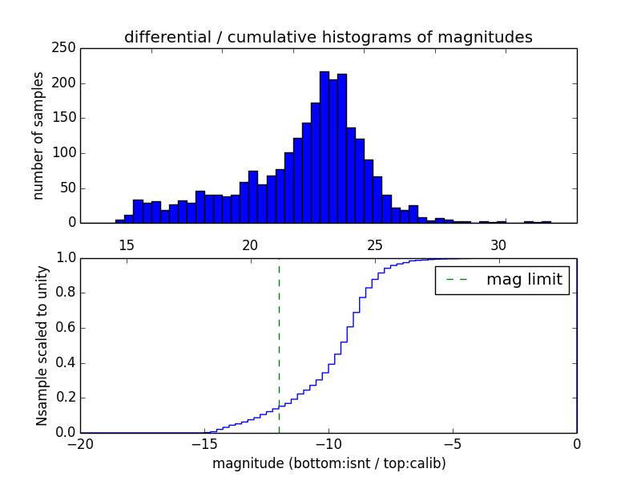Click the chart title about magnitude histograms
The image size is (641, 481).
(x=328, y=37)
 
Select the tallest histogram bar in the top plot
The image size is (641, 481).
(x=325, y=148)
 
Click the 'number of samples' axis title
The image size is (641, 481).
(x=38, y=135)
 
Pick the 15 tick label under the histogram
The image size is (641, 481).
(x=126, y=245)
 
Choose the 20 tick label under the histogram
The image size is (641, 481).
(x=250, y=245)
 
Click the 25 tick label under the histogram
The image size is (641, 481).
(x=374, y=245)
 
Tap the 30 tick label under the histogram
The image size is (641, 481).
(x=498, y=245)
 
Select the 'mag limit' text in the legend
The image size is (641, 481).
(x=524, y=280)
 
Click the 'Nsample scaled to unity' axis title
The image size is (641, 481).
(x=42, y=345)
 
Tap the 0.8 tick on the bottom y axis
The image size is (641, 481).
(x=66, y=293)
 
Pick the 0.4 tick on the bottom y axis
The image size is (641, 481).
(x=66, y=362)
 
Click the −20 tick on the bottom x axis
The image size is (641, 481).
(x=80, y=443)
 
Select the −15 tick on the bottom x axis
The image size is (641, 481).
(x=204, y=443)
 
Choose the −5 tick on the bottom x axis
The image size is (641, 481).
(x=452, y=443)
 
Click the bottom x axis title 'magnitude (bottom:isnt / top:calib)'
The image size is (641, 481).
(x=329, y=463)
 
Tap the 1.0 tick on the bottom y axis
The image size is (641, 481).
(x=66, y=258)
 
